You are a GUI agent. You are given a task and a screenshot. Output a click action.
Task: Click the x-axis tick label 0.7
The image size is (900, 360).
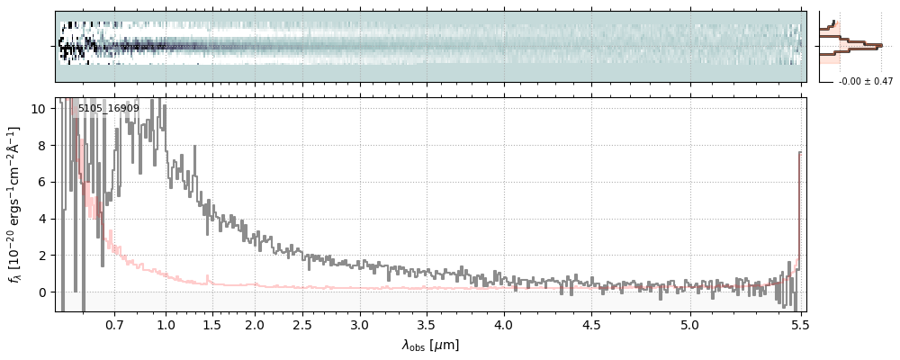114,324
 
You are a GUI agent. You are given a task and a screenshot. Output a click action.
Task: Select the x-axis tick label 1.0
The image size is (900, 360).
166,324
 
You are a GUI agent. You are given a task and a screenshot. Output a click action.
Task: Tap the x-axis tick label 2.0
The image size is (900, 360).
255,324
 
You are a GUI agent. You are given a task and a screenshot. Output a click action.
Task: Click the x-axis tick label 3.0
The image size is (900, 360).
360,324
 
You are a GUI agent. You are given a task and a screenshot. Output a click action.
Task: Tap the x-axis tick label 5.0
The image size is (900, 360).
689,324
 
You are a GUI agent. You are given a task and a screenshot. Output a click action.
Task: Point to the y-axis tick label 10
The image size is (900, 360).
38,109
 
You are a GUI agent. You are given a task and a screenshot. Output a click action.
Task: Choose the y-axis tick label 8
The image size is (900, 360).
41,146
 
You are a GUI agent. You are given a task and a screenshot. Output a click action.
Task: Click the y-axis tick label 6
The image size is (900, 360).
41,183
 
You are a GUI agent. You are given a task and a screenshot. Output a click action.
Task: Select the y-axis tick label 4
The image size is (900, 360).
41,220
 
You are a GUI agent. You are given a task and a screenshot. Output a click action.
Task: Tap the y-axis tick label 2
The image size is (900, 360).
41,256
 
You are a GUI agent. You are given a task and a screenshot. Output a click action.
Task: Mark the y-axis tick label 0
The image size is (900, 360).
41,292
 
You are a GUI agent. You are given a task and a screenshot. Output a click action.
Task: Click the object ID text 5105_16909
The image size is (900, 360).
108,109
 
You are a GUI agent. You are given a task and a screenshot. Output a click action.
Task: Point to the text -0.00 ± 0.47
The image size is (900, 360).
865,82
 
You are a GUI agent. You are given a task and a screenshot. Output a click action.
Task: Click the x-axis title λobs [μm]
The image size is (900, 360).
430,345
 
